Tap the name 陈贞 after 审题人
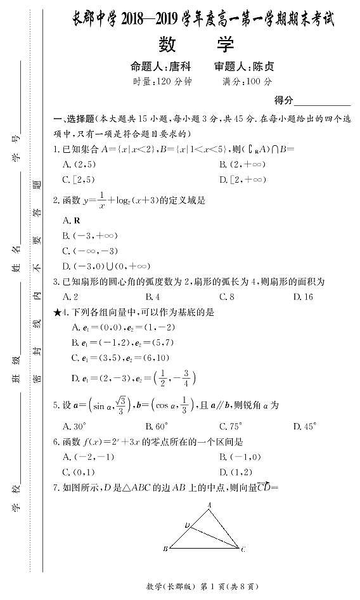[262, 66]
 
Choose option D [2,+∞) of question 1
[241, 179]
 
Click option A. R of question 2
[71, 220]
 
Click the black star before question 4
[58, 312]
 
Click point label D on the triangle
[186, 525]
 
